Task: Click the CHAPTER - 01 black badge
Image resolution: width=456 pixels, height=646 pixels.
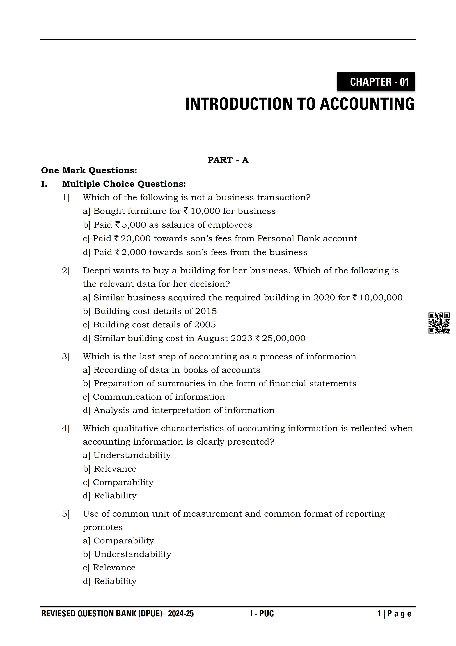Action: [376, 82]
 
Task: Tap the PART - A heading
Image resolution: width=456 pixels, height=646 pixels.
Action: [228, 160]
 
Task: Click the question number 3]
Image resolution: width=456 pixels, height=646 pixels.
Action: [66, 357]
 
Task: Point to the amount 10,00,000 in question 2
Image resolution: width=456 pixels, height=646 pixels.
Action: [381, 297]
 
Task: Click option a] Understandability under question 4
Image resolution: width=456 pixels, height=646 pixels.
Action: [127, 455]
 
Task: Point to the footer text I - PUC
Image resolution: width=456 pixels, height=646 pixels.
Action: [262, 614]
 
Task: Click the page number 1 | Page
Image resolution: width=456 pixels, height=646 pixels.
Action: [394, 614]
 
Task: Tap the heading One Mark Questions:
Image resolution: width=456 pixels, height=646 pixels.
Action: [89, 171]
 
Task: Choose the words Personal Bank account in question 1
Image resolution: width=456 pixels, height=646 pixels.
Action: [307, 239]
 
